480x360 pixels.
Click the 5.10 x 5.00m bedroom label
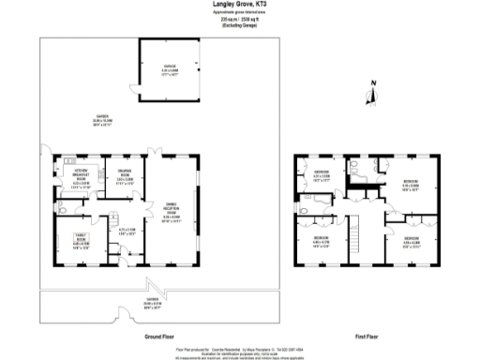tap(410, 185)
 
